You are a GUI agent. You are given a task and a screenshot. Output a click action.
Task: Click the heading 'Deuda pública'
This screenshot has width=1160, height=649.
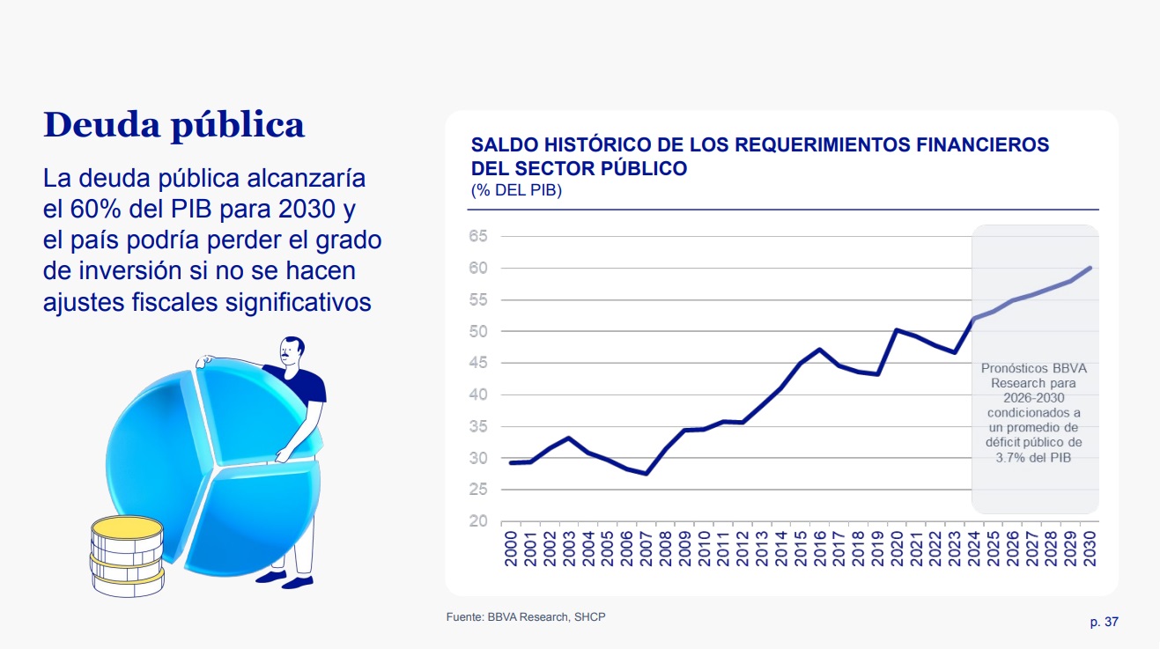pyautogui.click(x=174, y=125)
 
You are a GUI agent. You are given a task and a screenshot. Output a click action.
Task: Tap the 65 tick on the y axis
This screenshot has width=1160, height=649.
pyautogui.click(x=478, y=236)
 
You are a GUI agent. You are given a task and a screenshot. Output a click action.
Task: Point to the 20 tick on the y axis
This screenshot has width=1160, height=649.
pyautogui.click(x=478, y=521)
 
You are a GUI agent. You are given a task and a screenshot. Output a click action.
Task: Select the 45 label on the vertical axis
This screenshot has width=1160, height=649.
pyautogui.click(x=478, y=363)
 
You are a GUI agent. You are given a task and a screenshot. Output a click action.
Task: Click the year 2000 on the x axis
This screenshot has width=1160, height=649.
pyautogui.click(x=511, y=548)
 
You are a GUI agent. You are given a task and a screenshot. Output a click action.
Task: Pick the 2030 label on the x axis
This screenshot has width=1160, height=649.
pyautogui.click(x=1090, y=548)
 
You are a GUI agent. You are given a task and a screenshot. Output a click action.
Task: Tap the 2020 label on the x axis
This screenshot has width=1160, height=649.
pyautogui.click(x=897, y=548)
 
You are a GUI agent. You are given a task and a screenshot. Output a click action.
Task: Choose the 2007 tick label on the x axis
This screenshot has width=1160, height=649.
pyautogui.click(x=646, y=548)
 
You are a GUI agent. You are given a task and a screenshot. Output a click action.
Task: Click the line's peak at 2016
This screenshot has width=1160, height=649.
pyautogui.click(x=819, y=350)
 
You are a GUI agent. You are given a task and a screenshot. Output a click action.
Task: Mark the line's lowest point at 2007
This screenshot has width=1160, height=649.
pyautogui.click(x=646, y=474)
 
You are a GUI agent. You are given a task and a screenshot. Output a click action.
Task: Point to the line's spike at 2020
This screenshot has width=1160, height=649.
pyautogui.click(x=897, y=330)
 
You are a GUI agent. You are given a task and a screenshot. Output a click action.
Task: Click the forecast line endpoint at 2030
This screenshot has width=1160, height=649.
pyautogui.click(x=1090, y=268)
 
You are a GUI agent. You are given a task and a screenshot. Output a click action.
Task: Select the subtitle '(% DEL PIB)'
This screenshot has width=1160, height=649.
pyautogui.click(x=516, y=190)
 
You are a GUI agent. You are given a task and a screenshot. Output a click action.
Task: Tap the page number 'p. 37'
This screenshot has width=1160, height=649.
pyautogui.click(x=1104, y=622)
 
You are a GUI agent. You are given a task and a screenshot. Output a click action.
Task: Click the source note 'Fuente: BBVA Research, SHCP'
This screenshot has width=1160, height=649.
pyautogui.click(x=526, y=617)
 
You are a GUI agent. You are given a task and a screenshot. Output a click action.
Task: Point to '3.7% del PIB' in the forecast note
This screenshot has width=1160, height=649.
pyautogui.click(x=1034, y=458)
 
